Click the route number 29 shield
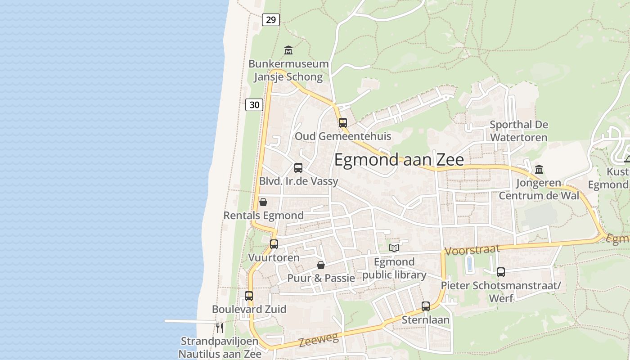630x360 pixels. [x=270, y=19]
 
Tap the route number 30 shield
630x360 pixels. [x=254, y=105]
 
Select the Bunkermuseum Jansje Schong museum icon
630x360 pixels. [x=288, y=50]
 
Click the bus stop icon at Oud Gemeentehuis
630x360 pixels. [x=343, y=122]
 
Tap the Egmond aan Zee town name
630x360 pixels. [x=399, y=160]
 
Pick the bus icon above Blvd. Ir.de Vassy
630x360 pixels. [x=298, y=168]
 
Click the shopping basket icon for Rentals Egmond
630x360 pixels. [x=263, y=202]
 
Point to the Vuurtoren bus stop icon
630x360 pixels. [x=274, y=244]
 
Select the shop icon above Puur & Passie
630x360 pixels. [x=321, y=265]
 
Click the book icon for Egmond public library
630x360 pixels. [x=394, y=247]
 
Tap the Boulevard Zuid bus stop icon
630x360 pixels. [x=249, y=296]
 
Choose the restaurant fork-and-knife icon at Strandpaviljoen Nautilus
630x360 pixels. [x=220, y=327]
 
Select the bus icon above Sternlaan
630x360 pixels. [x=426, y=306]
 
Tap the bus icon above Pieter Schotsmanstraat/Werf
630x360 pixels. [x=500, y=272]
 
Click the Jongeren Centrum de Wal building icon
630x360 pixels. [x=539, y=169]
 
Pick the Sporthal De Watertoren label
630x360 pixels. [x=519, y=130]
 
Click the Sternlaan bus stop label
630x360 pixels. [x=426, y=320]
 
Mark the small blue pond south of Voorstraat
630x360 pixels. [x=470, y=264]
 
